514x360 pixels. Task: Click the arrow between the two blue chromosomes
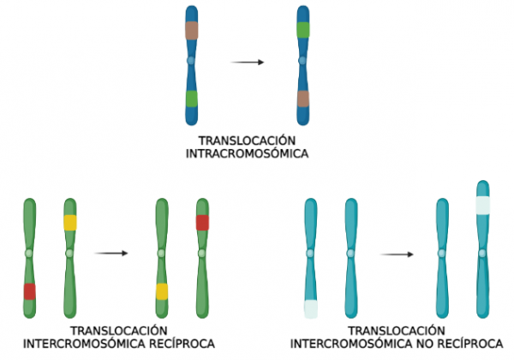pos(248,62)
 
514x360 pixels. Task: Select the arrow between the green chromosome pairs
pos(111,253)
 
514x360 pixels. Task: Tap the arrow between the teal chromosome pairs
pos(397,254)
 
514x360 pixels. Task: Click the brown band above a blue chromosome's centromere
pos(192,30)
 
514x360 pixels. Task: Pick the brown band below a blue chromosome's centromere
pos(303,99)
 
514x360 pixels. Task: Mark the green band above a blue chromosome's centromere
pos(303,29)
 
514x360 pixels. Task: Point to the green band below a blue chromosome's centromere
pos(192,99)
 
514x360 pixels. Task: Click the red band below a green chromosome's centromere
pos(29,291)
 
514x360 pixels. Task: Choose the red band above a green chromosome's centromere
pos(202,223)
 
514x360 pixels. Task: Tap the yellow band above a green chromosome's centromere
pos(70,223)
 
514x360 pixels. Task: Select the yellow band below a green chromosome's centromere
pos(161,291)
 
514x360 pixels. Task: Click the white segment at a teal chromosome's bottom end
pos(310,309)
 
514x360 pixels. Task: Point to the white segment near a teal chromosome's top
pos(483,205)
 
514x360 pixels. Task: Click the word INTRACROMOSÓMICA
pos(247,154)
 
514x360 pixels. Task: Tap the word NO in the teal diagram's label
pos(433,345)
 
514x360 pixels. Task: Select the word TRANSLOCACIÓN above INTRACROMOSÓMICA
pos(247,141)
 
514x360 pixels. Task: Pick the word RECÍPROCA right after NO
pos(473,345)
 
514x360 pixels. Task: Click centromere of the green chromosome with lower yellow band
pos(161,254)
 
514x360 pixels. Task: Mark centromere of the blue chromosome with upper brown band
pos(192,62)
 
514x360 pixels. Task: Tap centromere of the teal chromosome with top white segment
pos(483,252)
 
